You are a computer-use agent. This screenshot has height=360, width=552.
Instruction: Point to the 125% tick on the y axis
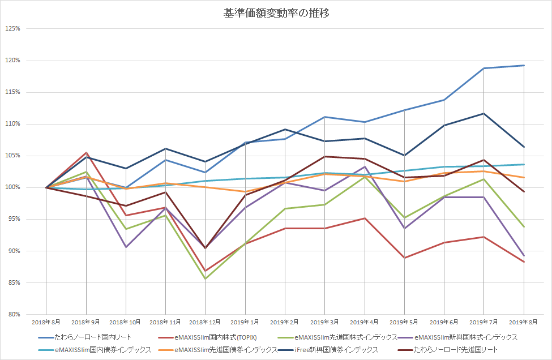pyautogui.click(x=12, y=29)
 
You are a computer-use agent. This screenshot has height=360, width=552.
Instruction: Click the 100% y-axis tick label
pyautogui.click(x=12, y=187)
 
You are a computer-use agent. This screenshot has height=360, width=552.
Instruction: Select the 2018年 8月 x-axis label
pyautogui.click(x=46, y=322)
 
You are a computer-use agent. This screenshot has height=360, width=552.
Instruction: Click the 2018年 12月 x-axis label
pyautogui.click(x=205, y=322)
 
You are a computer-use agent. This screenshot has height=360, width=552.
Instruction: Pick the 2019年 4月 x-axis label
pyautogui.click(x=365, y=322)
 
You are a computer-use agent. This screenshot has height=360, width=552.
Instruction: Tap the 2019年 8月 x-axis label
pyautogui.click(x=524, y=322)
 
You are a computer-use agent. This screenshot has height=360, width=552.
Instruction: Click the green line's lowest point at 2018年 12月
pyautogui.click(x=205, y=278)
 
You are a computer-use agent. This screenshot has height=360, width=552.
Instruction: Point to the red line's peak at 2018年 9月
pyautogui.click(x=86, y=152)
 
